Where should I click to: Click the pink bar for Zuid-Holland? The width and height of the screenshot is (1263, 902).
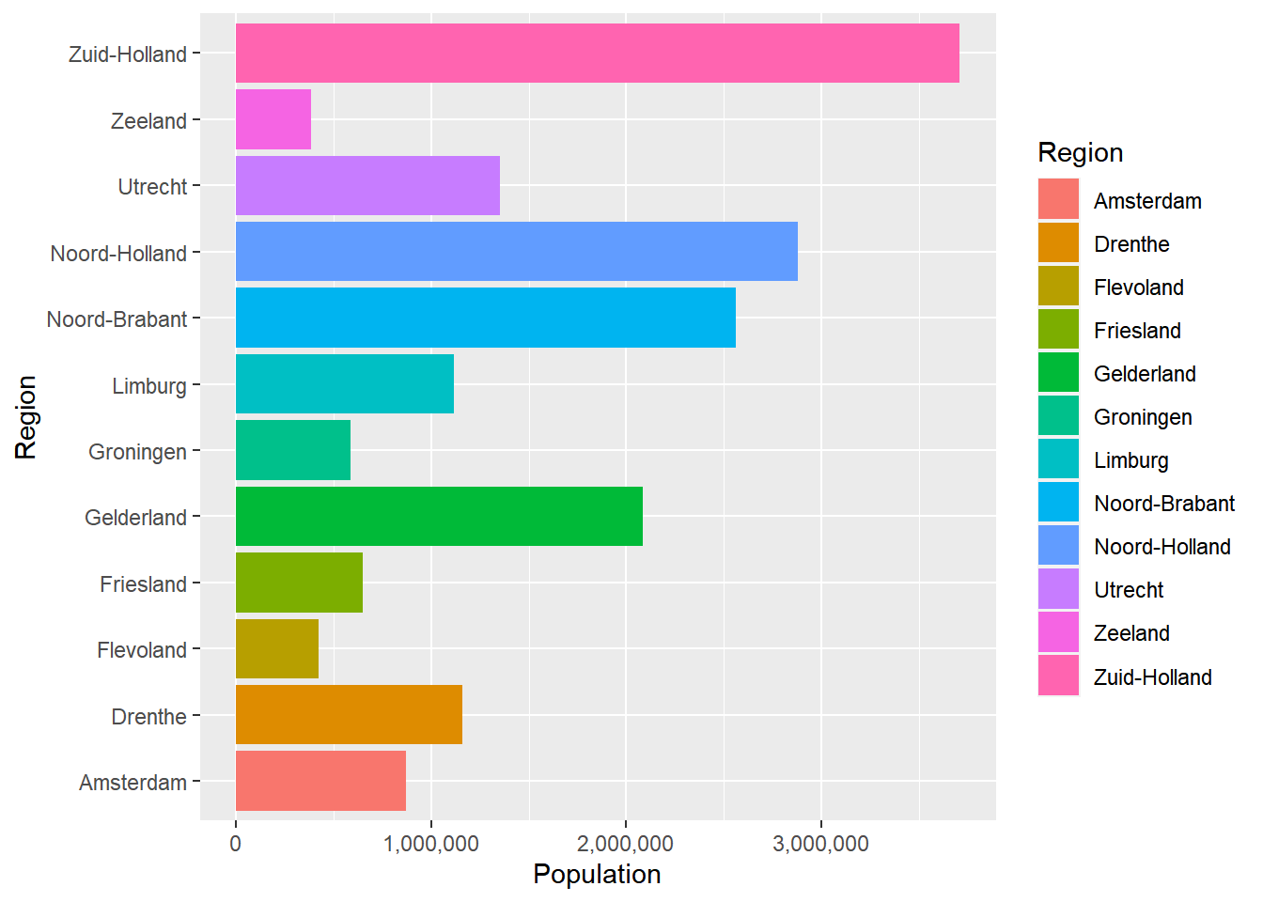(x=597, y=54)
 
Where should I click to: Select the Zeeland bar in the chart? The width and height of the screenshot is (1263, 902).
(x=273, y=119)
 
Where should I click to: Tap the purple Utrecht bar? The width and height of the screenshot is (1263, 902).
(x=367, y=186)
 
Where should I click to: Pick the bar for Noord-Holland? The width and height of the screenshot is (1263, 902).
(x=516, y=252)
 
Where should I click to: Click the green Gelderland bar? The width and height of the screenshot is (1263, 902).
(x=439, y=517)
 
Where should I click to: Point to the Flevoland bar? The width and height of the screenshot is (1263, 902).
(x=276, y=649)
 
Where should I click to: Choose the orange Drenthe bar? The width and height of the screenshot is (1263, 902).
(x=349, y=715)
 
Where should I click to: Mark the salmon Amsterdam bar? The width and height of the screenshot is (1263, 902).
(x=320, y=781)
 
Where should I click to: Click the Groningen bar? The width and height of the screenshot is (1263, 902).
(x=292, y=451)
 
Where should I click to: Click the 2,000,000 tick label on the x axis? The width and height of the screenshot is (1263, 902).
(x=625, y=844)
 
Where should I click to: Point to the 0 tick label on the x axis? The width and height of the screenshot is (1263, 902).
(x=235, y=844)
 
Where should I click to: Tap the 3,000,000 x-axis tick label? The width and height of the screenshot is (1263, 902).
(x=820, y=844)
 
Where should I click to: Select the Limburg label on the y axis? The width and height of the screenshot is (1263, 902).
(x=149, y=386)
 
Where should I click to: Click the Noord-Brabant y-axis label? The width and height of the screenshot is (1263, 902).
(x=117, y=319)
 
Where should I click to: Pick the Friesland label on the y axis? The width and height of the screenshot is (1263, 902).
(x=144, y=584)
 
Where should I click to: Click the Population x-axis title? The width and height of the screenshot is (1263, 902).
(x=597, y=875)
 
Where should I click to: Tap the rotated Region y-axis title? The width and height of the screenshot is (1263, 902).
(x=26, y=417)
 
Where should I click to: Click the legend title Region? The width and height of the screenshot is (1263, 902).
(x=1080, y=153)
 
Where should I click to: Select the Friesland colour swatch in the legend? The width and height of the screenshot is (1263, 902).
(x=1058, y=331)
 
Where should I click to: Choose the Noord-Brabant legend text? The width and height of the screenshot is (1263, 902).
(x=1163, y=504)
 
